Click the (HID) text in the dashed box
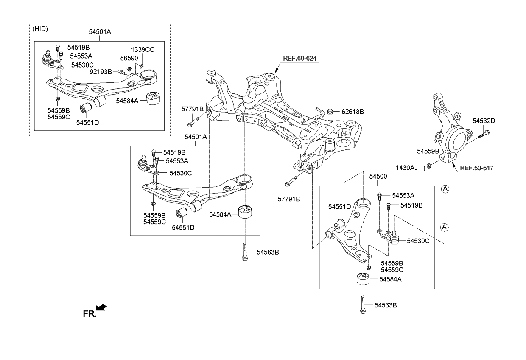coord(41,29)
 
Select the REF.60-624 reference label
coord(300,58)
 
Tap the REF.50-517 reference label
coord(478,168)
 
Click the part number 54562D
coord(484,121)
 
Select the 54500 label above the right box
coord(378,176)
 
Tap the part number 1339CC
coord(143,49)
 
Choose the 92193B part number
coord(101,72)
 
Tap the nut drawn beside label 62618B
coord(330,112)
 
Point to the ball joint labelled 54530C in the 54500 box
coord(393,238)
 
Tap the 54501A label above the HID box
coord(100,32)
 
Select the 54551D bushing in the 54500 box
coord(339,223)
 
